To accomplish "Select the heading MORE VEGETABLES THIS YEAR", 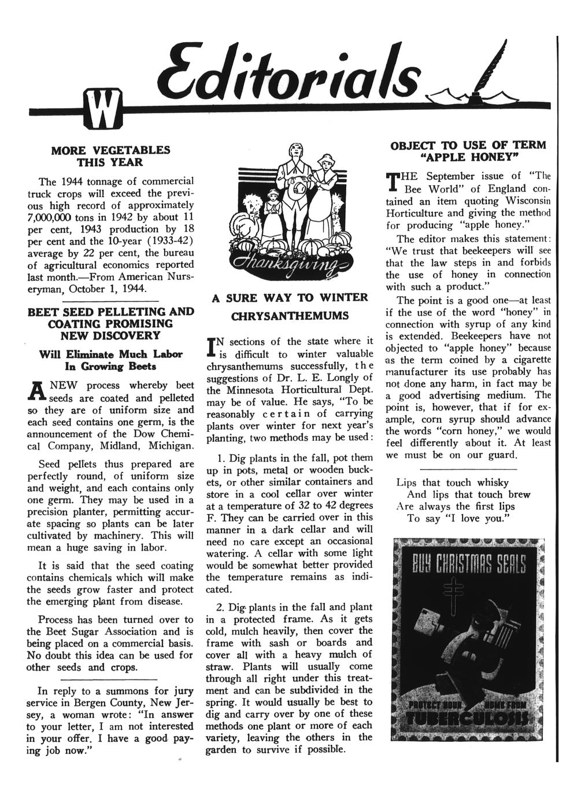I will click(111, 156).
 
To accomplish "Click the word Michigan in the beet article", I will click(167, 446).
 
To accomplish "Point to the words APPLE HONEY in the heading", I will click(470, 157).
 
